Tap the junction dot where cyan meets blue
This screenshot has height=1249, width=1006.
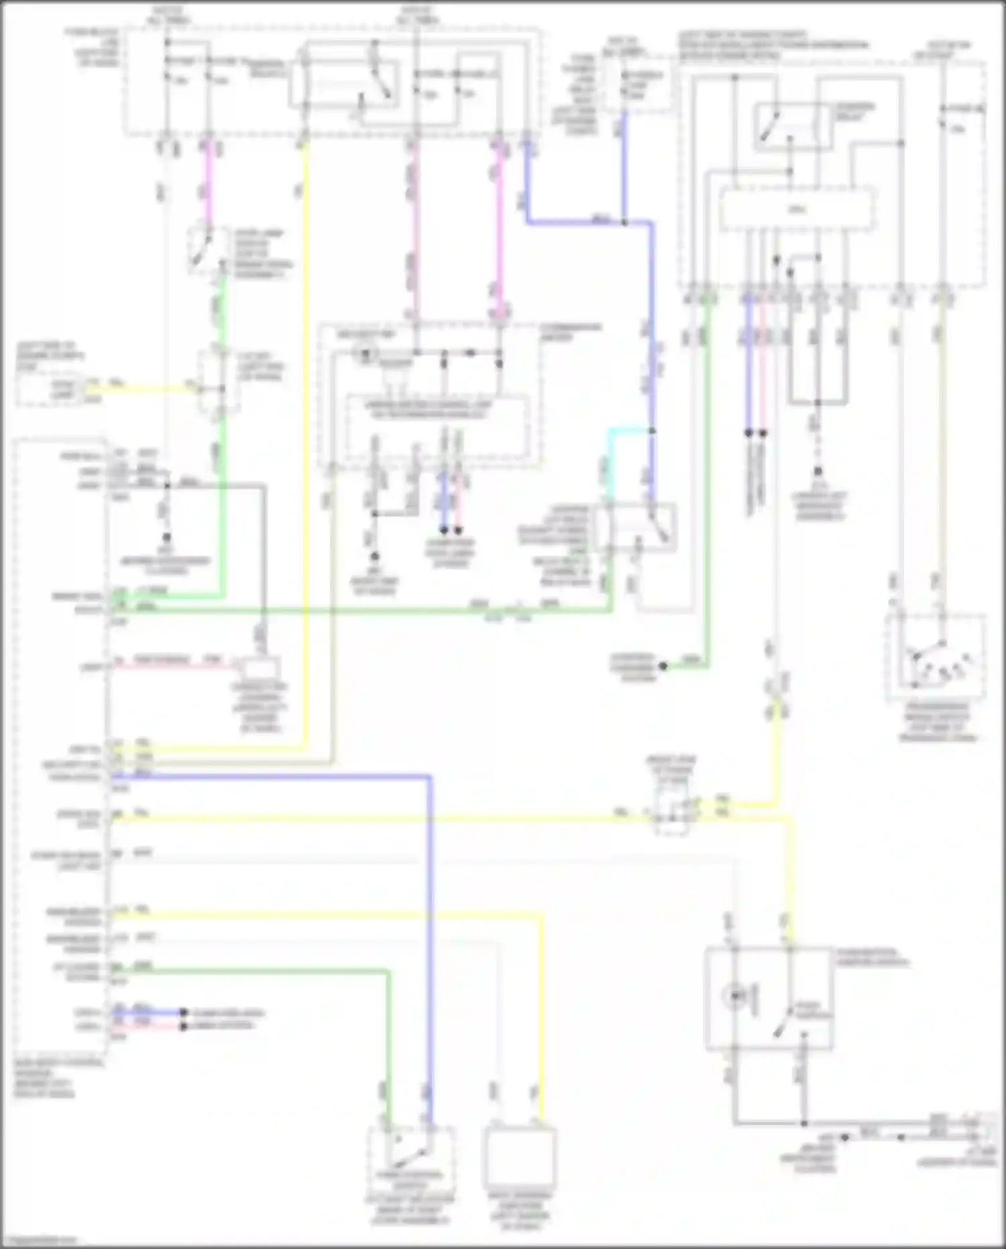pos(651,430)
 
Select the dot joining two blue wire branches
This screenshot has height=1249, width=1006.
pos(624,222)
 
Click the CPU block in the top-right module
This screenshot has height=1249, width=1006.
pos(797,210)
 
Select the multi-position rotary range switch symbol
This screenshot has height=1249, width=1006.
pos(936,658)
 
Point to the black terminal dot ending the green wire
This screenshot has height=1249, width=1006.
pos(663,666)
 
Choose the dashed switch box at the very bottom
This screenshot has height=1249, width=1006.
pos(410,1158)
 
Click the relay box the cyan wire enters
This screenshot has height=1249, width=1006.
pos(634,528)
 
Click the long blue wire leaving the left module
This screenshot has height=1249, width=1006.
pos(429,940)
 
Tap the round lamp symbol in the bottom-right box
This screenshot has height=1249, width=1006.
pos(736,996)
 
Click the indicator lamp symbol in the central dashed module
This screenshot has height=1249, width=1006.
pos(366,352)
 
